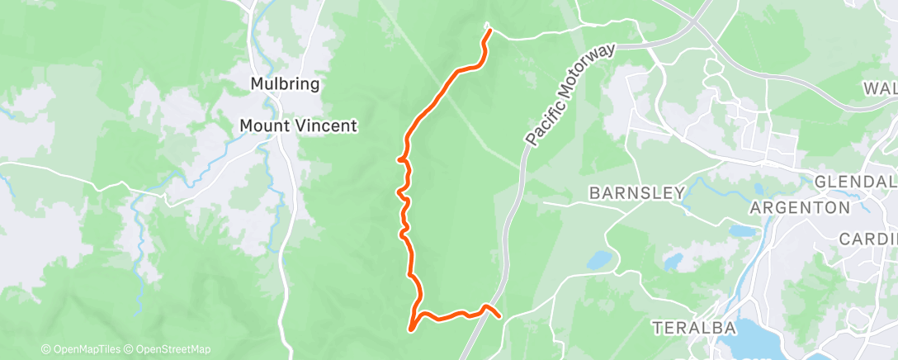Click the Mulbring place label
pos(285,83)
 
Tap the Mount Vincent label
pos(298,126)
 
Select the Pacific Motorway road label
pos(570,97)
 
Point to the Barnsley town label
pos(636,193)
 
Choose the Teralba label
pos(693,328)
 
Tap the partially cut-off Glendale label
pos(855,182)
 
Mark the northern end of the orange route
pos(490,31)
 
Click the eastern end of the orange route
pos(499,315)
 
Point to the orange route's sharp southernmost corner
pos(410,329)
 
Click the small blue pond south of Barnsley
pos(601,261)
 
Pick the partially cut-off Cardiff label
pos(867,239)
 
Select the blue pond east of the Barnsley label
pos(742,231)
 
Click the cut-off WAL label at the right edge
pos(880,88)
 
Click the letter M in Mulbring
pos(257,83)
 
